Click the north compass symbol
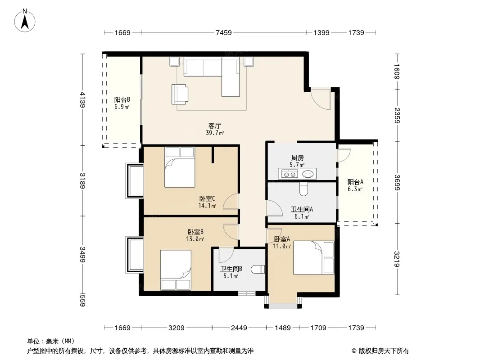pos(25,20)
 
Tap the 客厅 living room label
pos(215,126)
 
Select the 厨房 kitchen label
pos(298,158)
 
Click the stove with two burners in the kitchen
pos(289,174)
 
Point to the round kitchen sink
pos(308,174)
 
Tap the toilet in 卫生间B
pos(258,269)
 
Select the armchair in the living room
pos(180,94)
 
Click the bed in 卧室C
pos(180,167)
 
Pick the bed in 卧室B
pos(176,270)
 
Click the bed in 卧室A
pos(313,257)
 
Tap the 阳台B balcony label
pos(122,100)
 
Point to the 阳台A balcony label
pos(355,182)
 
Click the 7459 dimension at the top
pos(224,33)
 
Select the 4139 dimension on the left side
pos(82,100)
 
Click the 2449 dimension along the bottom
pos(239,328)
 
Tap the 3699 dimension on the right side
pos(397,183)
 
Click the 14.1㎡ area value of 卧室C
pos(207,206)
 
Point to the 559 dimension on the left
pos(82,300)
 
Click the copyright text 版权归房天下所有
pos(384,351)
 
